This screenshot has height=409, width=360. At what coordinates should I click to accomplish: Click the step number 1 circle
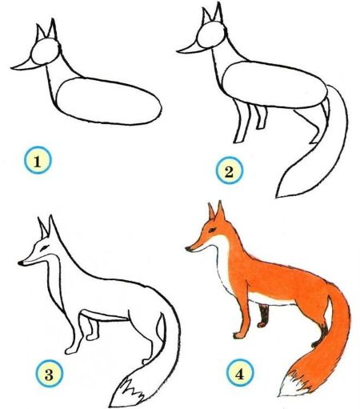point(38,163)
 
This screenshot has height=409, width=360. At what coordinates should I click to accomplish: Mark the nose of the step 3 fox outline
point(21,261)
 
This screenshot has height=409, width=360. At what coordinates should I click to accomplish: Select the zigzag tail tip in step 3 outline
point(126,392)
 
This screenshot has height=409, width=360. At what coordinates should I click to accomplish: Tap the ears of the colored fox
point(216,212)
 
